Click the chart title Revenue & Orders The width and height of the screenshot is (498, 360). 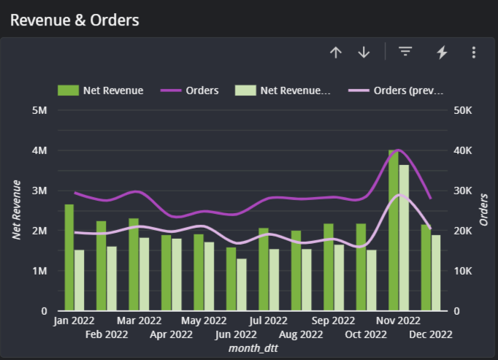74,20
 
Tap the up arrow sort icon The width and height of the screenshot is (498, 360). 336,52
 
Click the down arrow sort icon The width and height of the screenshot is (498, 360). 364,52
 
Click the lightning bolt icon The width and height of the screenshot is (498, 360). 442,52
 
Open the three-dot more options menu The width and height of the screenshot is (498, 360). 474,52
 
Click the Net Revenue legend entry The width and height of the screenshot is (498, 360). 101,91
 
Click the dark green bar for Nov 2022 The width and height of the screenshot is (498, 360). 394,230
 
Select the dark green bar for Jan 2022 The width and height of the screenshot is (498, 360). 69,257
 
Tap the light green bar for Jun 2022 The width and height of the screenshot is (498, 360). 242,285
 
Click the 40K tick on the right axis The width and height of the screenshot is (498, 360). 464,150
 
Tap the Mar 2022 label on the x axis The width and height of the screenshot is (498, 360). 139,321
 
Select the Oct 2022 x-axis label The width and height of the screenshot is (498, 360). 365,334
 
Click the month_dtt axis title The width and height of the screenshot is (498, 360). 252,348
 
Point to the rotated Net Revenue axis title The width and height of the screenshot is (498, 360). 16,210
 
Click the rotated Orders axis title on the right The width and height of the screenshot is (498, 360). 483,210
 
